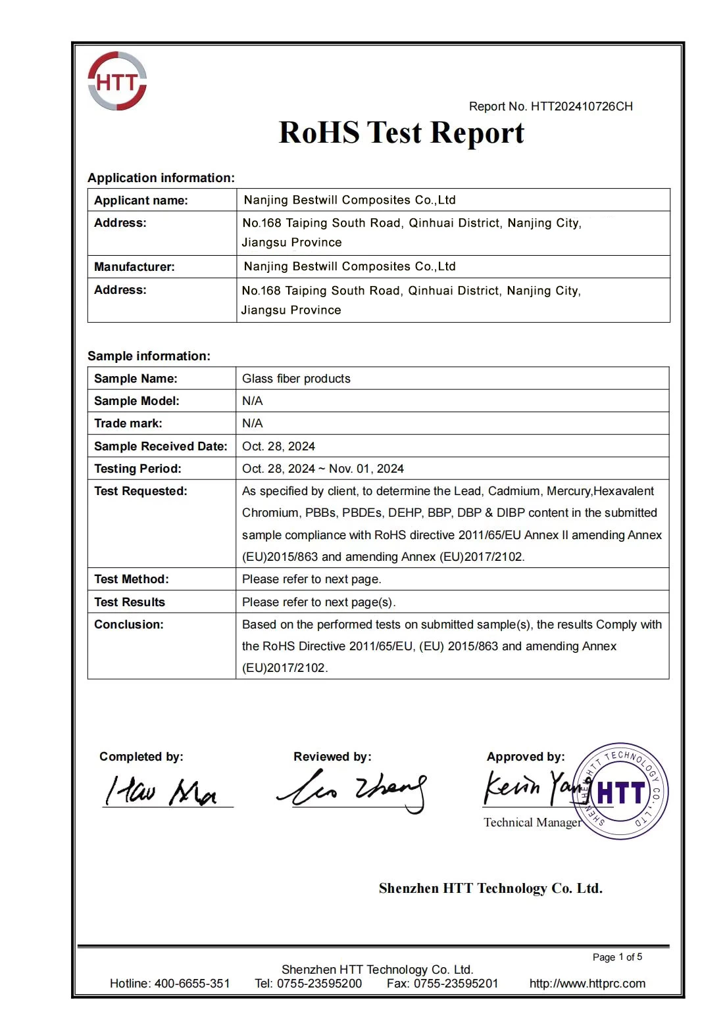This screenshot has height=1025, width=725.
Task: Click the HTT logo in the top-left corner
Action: click(117, 81)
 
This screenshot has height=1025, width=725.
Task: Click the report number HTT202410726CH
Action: click(582, 107)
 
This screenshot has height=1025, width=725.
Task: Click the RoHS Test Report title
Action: click(401, 133)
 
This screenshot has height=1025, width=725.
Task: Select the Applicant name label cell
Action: click(141, 201)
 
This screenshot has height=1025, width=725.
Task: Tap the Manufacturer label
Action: click(134, 267)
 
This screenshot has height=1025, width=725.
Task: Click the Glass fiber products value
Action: click(296, 379)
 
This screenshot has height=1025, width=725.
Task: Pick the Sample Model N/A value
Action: click(252, 401)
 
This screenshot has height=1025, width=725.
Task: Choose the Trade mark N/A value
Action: click(252, 423)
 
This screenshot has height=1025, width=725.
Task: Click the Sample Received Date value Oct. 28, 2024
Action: click(278, 446)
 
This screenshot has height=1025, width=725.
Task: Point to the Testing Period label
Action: click(137, 469)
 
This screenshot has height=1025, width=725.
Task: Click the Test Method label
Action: click(131, 579)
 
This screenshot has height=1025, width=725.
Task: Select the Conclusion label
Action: click(128, 625)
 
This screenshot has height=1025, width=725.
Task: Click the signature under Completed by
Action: click(162, 791)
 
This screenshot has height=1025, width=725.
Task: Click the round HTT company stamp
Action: click(620, 792)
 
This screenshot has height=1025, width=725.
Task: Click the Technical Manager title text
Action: click(532, 822)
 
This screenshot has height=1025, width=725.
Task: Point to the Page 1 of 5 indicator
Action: click(617, 957)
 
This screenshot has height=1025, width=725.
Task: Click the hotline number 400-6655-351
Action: click(192, 984)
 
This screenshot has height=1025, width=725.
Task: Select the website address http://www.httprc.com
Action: click(587, 984)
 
